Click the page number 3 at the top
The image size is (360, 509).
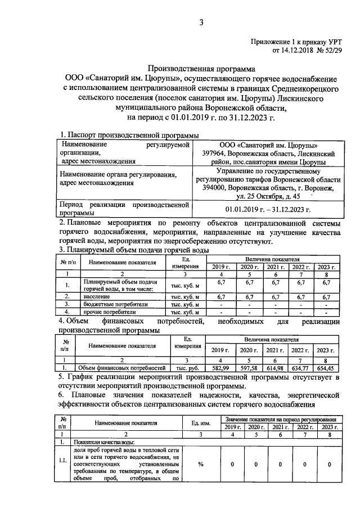point(200,22)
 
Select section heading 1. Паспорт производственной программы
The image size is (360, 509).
point(129,135)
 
